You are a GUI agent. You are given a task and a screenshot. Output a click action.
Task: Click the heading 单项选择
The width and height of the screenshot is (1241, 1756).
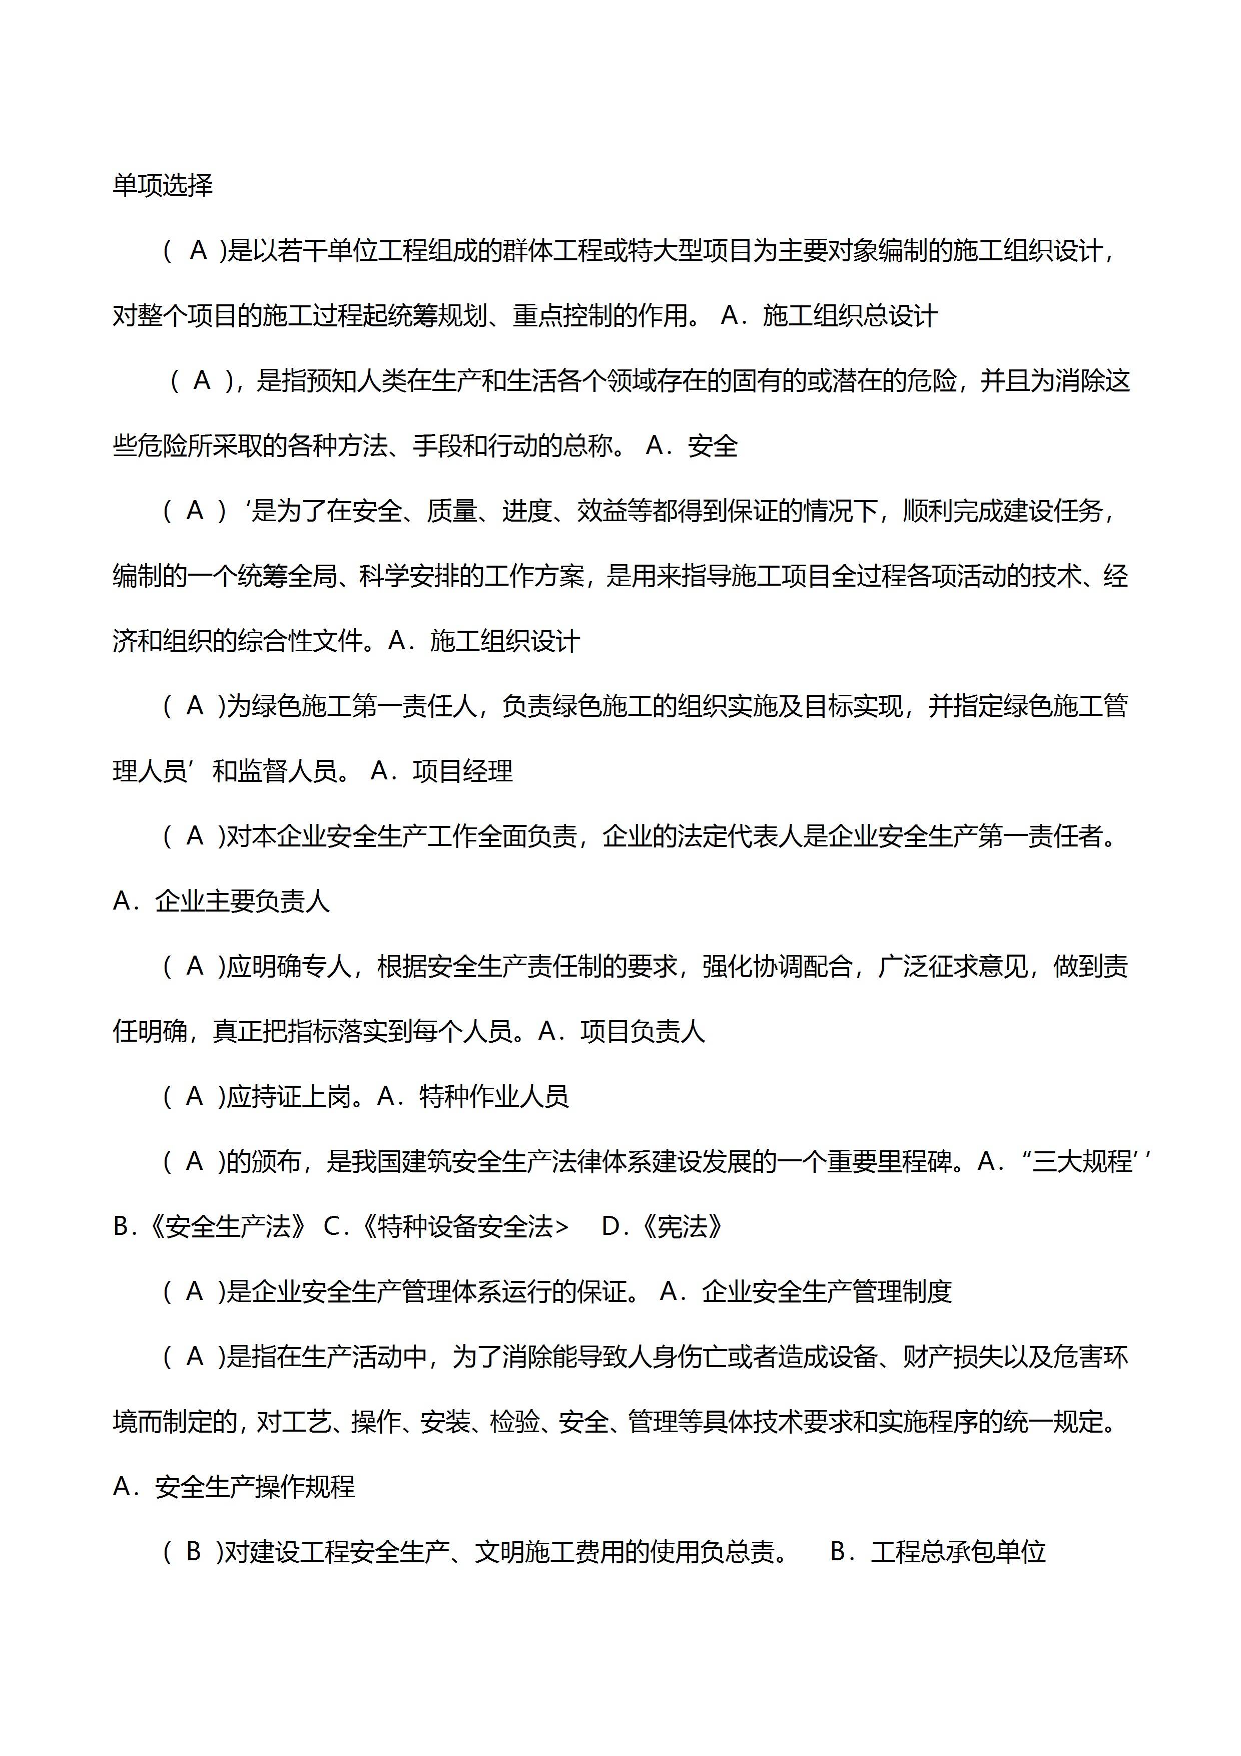(x=162, y=186)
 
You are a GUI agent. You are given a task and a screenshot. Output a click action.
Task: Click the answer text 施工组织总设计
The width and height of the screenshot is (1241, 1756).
(x=850, y=316)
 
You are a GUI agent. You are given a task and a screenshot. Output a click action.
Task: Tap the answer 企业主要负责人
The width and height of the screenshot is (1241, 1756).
(x=242, y=902)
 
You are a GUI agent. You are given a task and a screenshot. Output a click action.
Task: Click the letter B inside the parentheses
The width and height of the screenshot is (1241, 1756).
(x=194, y=1552)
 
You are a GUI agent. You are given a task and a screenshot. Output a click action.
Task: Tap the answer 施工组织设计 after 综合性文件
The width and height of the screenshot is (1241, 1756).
(x=505, y=641)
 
